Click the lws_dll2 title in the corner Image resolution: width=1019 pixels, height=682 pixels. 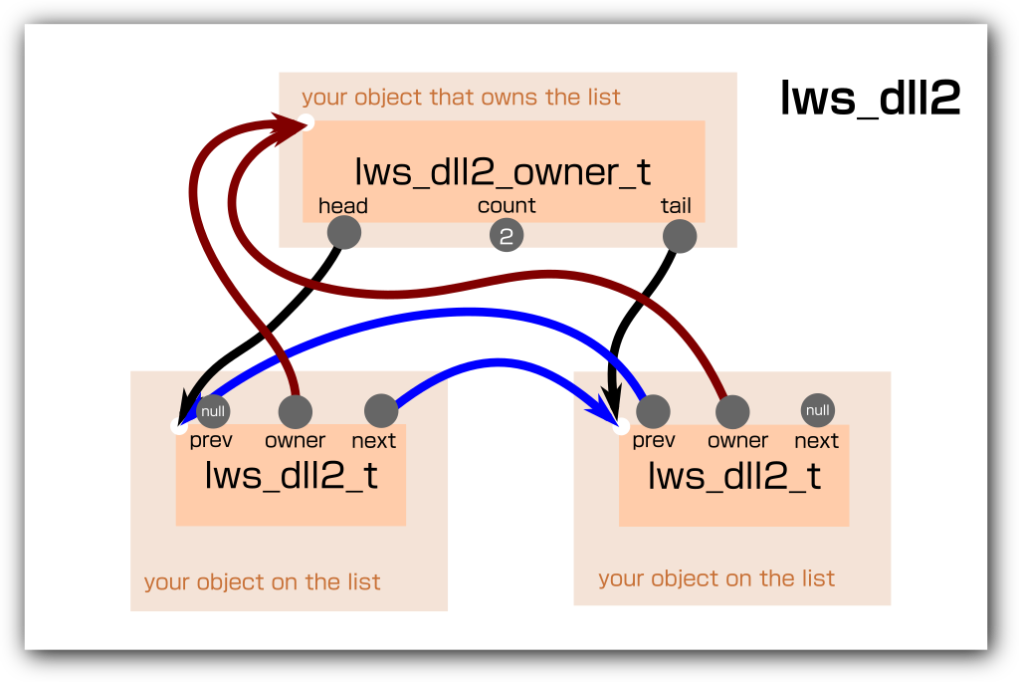pyautogui.click(x=870, y=99)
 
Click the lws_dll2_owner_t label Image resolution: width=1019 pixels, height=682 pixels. pyautogui.click(x=503, y=171)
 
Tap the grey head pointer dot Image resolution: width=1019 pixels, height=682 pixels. pyautogui.click(x=343, y=233)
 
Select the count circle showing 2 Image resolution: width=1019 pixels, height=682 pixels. pyautogui.click(x=507, y=236)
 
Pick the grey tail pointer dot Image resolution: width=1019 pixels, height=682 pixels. pyautogui.click(x=679, y=236)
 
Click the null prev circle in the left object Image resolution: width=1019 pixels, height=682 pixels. pyautogui.click(x=213, y=410)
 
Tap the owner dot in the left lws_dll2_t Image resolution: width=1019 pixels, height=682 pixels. pyautogui.click(x=295, y=411)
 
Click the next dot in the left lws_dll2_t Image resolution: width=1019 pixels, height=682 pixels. pyautogui.click(x=381, y=410)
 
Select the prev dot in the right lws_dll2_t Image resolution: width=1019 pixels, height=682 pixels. pyautogui.click(x=653, y=410)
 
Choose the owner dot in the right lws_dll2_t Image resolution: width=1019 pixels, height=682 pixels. pyautogui.click(x=732, y=411)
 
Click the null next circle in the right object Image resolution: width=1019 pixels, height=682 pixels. pyautogui.click(x=817, y=410)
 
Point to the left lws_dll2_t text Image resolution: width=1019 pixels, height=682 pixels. pyautogui.click(x=291, y=476)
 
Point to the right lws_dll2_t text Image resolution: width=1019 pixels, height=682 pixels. pyautogui.click(x=734, y=476)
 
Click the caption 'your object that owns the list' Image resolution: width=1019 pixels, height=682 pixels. pyautogui.click(x=461, y=98)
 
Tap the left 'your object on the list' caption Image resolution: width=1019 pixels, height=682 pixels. pyautogui.click(x=262, y=582)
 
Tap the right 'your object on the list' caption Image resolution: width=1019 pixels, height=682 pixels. pyautogui.click(x=716, y=578)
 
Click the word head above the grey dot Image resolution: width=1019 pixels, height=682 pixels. pyautogui.click(x=343, y=206)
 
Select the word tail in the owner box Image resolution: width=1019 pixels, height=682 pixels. pyautogui.click(x=676, y=206)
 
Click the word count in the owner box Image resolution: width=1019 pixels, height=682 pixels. pyautogui.click(x=507, y=206)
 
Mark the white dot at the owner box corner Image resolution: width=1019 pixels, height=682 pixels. pyautogui.click(x=306, y=122)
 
